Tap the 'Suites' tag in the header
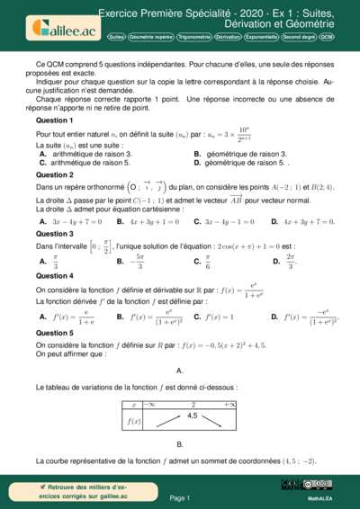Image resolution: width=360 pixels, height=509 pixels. [116, 37]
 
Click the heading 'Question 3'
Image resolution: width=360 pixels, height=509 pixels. [55, 233]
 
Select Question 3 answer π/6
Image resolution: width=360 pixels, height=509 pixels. [209, 262]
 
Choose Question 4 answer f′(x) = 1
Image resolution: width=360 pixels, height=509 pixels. [220, 317]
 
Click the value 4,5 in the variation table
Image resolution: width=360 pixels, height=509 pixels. [192, 415]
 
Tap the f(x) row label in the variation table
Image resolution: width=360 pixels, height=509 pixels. [133, 421]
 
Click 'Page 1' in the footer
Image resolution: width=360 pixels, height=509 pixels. [179, 496]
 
